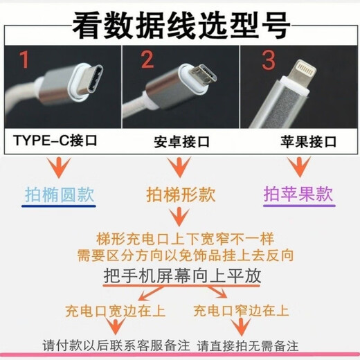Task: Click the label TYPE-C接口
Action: (55, 141)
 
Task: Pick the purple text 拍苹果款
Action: (298, 195)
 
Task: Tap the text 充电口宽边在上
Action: (110, 309)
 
